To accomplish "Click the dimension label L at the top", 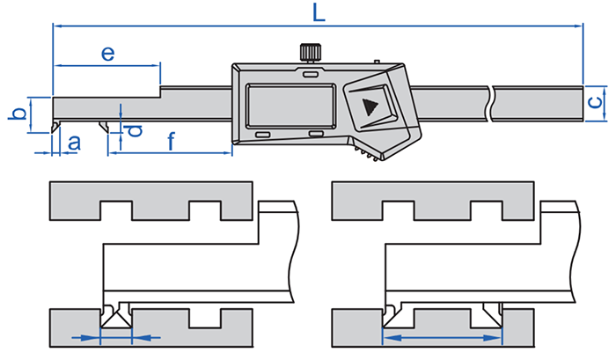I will (317, 12).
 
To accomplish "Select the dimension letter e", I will (108, 54).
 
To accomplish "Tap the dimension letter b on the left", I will (15, 114).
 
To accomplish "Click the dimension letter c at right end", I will (597, 101).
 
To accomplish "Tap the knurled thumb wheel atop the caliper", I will (309, 51).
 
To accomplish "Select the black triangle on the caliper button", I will (370, 108).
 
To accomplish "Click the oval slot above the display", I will (309, 75).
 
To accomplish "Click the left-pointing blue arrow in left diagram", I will (146, 337).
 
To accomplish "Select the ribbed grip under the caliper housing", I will (369, 156).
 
